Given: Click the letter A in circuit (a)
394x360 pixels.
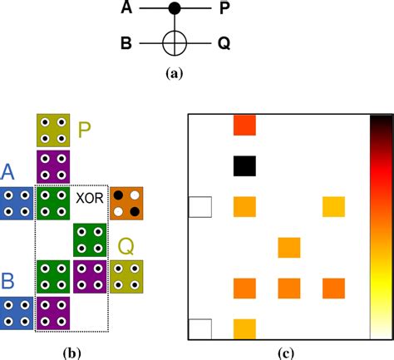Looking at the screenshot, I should point(127,10).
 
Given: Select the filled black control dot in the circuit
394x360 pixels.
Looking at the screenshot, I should point(175,10).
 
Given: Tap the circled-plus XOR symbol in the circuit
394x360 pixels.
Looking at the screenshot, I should point(175,41).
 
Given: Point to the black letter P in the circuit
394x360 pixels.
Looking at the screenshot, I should point(226,10).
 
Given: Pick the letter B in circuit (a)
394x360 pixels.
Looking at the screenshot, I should point(127,41).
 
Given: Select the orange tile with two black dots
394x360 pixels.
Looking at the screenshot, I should point(126,203).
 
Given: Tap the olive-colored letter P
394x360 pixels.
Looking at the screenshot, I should point(86,130).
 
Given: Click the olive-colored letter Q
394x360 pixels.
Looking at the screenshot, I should point(127,246).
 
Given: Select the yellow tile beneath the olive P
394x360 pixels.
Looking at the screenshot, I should point(54,130).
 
